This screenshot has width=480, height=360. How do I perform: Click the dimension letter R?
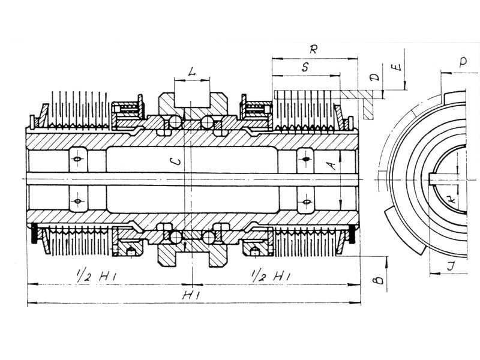tap(313, 49)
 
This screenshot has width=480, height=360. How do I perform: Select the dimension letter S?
tap(305, 67)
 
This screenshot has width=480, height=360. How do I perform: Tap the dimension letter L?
tap(191, 72)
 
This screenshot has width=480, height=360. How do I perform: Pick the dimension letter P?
tap(463, 62)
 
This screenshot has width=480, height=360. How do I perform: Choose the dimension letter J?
tap(451, 266)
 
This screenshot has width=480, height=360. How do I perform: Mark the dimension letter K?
tap(451, 200)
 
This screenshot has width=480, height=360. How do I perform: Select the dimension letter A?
tap(331, 166)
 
